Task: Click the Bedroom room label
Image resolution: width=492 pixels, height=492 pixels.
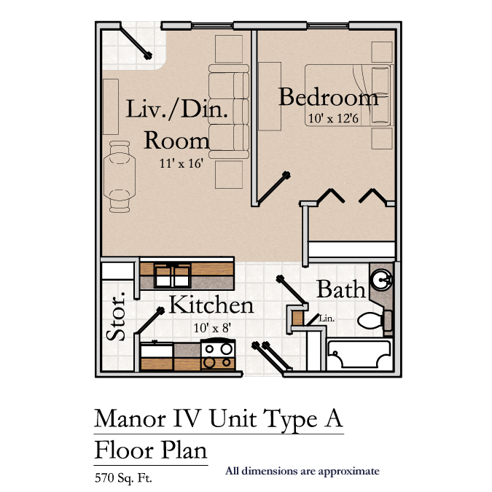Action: [x=328, y=97]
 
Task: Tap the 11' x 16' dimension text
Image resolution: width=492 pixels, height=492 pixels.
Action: [x=181, y=163]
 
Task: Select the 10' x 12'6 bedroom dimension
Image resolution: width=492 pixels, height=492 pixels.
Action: [x=333, y=118]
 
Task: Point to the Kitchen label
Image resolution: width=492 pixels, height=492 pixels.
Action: [x=211, y=305]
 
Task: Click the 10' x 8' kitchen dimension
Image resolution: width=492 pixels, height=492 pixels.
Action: [x=212, y=328]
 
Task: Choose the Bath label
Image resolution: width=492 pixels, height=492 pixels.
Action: [x=341, y=289]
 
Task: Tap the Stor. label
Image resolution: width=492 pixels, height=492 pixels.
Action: [x=116, y=316]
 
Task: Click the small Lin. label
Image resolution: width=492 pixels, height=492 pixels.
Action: [x=327, y=319]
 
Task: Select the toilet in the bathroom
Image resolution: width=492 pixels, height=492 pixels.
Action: [x=375, y=321]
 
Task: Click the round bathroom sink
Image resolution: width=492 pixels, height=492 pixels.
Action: [x=381, y=279]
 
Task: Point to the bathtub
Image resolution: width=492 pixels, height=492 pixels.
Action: [x=360, y=354]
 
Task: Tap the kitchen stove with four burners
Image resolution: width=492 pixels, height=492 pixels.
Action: [x=218, y=354]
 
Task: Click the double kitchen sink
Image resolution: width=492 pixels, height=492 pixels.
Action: [x=172, y=276]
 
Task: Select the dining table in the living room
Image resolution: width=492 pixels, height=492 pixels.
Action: [x=120, y=176]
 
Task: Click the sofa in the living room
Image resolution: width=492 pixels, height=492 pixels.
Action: [x=229, y=112]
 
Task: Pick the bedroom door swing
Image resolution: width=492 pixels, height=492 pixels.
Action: [x=273, y=188]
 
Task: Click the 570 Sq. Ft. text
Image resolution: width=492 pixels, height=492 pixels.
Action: [x=123, y=478]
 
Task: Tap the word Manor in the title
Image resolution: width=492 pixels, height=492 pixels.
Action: [x=130, y=418]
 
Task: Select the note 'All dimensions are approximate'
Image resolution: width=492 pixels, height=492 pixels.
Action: [x=302, y=472]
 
